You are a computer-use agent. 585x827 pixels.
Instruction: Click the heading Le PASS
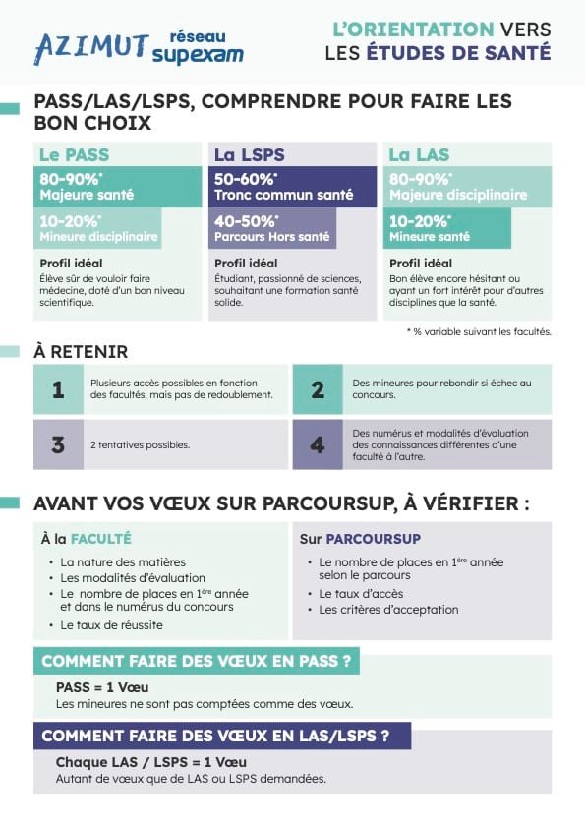(x=74, y=155)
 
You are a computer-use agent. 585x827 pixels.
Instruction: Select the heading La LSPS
(x=250, y=155)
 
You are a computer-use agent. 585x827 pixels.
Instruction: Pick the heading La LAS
(x=419, y=155)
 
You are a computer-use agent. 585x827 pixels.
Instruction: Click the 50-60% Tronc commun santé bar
(x=294, y=187)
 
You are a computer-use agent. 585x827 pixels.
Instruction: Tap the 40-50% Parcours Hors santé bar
(x=273, y=228)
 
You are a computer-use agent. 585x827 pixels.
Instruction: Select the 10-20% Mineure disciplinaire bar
(x=98, y=228)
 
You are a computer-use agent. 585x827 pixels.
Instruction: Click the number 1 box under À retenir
(x=58, y=389)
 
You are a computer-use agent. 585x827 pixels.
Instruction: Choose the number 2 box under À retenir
(x=318, y=389)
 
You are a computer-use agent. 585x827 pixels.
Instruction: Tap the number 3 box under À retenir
(x=58, y=444)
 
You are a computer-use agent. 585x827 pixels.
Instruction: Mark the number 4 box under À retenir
(x=318, y=444)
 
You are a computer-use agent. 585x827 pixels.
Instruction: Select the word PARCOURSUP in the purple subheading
(x=373, y=539)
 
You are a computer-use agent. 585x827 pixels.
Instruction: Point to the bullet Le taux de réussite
(x=111, y=624)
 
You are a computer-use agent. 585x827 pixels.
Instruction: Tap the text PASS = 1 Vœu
(x=102, y=687)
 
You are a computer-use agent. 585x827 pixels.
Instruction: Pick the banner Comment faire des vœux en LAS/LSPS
(x=222, y=736)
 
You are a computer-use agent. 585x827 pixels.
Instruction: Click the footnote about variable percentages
(x=479, y=331)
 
